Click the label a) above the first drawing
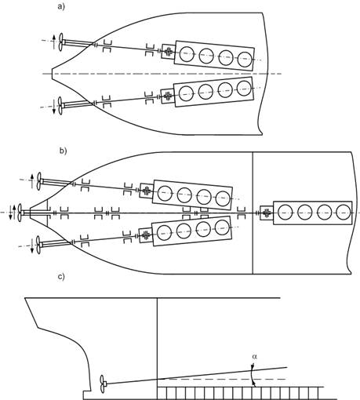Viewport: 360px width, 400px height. click(x=60, y=6)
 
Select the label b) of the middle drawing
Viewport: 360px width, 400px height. click(x=63, y=151)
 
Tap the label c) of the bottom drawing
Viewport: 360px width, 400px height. click(x=61, y=277)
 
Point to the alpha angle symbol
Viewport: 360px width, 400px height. click(x=255, y=356)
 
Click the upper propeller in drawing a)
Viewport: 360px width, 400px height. click(x=61, y=42)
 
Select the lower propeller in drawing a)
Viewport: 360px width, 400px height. click(x=60, y=106)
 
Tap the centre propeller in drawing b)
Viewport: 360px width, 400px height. click(x=20, y=213)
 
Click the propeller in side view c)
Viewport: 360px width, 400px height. click(x=103, y=384)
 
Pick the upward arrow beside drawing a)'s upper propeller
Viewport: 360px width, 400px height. click(x=54, y=42)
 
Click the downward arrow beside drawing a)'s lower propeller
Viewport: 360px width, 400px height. click(x=54, y=107)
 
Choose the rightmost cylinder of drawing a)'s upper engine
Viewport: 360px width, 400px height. click(x=245, y=60)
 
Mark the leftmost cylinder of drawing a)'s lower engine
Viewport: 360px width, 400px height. click(x=186, y=94)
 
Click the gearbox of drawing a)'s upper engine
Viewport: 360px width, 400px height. click(x=169, y=51)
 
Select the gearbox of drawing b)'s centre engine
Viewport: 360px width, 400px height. click(x=267, y=213)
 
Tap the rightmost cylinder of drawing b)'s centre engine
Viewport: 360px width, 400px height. click(x=343, y=213)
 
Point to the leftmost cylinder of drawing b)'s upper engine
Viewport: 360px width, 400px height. click(x=165, y=194)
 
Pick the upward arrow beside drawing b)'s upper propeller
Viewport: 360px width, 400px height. click(x=32, y=181)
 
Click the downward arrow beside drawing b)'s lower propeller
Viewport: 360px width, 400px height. click(x=32, y=245)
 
